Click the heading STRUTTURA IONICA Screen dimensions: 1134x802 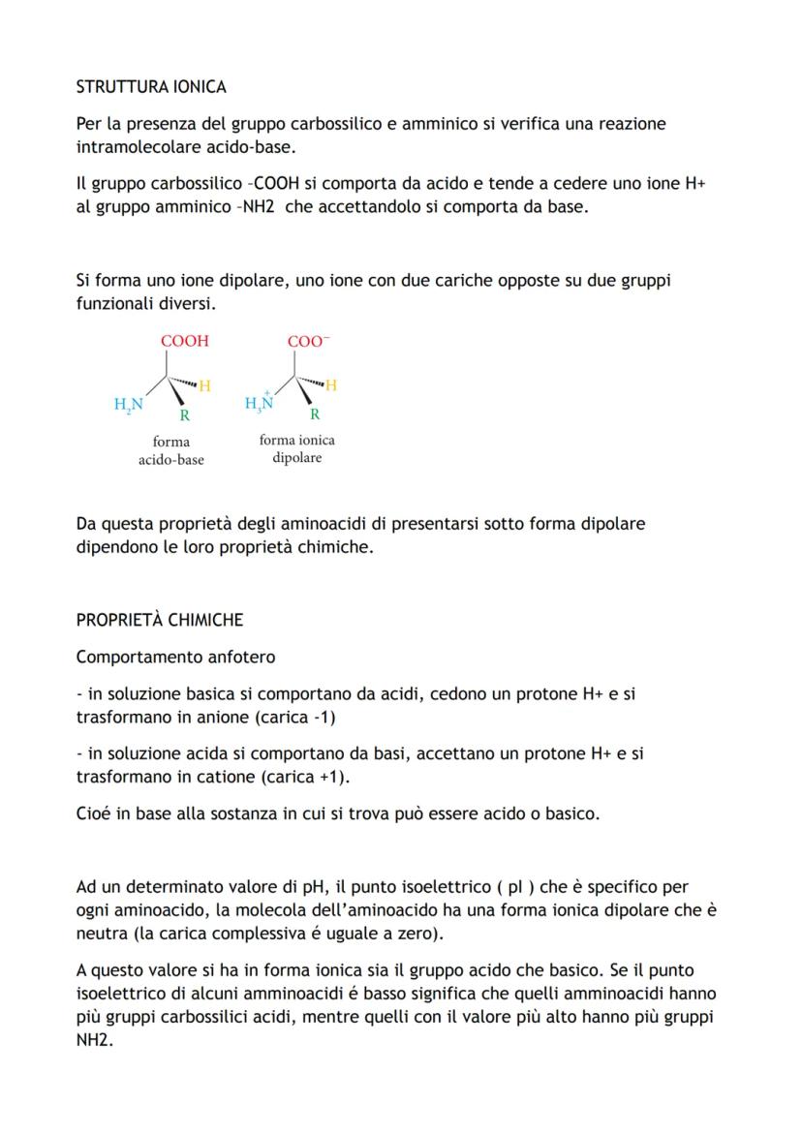pos(151,87)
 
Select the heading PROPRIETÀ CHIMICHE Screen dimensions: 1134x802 pos(160,620)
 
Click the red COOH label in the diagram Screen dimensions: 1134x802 pos(184,342)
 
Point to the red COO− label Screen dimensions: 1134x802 pos(308,342)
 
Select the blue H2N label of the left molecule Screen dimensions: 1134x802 pos(128,405)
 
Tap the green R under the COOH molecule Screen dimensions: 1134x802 pos(184,416)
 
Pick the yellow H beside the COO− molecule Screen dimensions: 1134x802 pos(331,385)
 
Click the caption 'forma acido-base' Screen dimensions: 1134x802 pos(171,451)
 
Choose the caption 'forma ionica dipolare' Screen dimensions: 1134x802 pos(296,448)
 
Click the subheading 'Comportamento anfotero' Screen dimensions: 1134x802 pos(175,658)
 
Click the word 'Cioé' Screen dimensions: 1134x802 pos(95,813)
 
